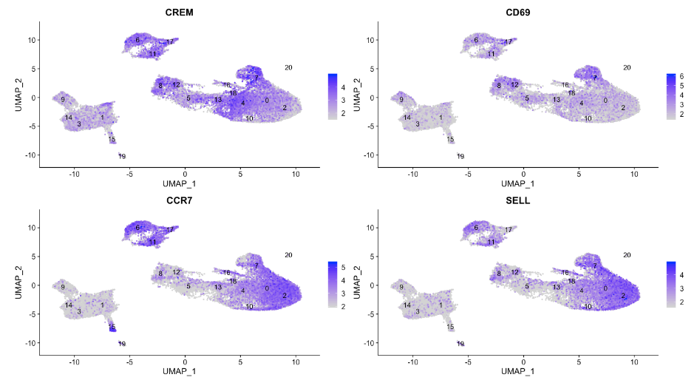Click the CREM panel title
178,13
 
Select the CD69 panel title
516,13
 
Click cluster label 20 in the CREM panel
288,68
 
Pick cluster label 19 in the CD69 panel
460,156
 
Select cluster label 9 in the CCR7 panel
64,287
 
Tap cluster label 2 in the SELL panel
623,296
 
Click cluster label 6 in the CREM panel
137,40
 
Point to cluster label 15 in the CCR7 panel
112,327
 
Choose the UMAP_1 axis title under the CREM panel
178,183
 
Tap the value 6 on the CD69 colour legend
681,77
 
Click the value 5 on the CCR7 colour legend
344,266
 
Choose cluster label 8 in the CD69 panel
499,87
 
